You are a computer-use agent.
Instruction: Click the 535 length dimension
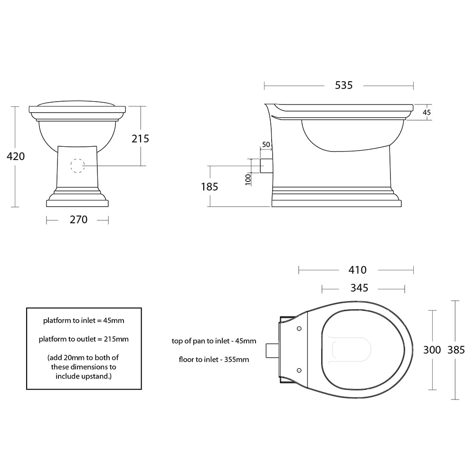coord(344,85)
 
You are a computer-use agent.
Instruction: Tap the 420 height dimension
coord(16,156)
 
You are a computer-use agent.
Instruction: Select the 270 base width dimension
coord(79,219)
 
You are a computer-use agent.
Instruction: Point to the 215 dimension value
coord(140,138)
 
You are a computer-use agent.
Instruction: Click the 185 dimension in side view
coord(209,187)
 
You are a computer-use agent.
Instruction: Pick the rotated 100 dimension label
coord(247,179)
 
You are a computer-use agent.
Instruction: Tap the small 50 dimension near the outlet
coord(266,144)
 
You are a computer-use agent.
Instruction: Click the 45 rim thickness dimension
coord(427,113)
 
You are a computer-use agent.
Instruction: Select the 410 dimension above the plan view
coord(357,270)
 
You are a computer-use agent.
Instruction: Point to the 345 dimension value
coord(359,288)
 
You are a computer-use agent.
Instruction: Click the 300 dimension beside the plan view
coord(432,350)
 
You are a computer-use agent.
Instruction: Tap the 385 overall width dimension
coord(456,350)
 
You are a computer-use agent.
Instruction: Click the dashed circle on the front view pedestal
coord(77,165)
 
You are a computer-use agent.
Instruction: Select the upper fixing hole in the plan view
coord(299,329)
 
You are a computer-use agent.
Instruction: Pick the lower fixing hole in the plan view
coord(299,370)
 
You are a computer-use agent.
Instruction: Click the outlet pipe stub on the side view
coord(266,166)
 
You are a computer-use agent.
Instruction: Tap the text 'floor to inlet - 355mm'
coord(214,360)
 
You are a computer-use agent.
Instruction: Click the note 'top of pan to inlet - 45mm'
coord(214,341)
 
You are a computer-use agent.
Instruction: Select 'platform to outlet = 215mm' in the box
coord(84,339)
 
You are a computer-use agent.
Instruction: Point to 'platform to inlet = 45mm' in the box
coord(84,321)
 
